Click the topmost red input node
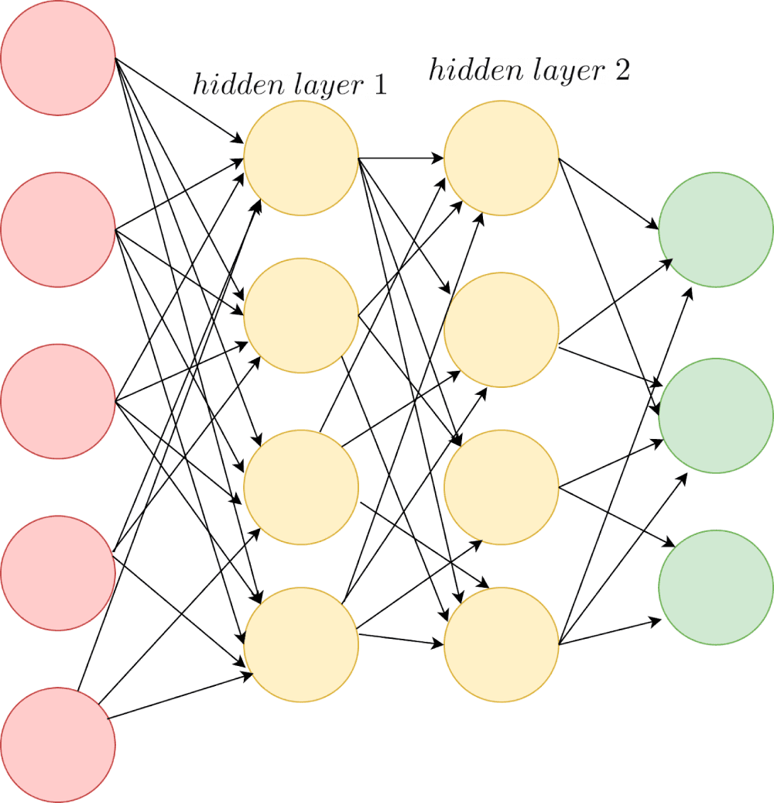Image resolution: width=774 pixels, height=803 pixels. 58,58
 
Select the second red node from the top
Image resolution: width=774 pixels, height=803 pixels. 58,229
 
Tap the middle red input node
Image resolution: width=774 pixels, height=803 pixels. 58,401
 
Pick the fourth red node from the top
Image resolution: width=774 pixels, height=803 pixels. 58,573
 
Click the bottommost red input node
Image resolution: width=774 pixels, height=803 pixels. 58,744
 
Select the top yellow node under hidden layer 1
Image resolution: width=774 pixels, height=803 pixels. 301,158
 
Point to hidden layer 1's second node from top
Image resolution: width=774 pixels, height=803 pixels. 301,316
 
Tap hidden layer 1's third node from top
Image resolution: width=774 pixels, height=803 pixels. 301,487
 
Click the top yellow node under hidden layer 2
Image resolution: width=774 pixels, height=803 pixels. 502,158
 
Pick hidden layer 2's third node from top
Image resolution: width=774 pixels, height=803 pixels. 502,487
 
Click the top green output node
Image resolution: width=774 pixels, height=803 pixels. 716,229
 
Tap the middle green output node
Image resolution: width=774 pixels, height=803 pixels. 716,416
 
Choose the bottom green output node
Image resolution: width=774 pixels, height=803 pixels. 716,588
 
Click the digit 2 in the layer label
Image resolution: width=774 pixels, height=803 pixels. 621,70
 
